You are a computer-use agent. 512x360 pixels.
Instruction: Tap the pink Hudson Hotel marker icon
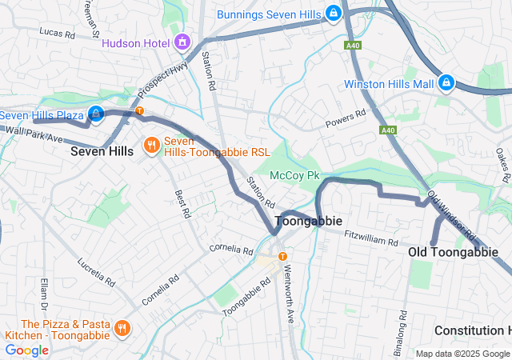(x=183, y=40)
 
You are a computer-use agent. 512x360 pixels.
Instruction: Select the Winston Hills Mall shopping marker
(x=446, y=83)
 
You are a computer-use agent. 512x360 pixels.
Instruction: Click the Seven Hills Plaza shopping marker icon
(x=96, y=115)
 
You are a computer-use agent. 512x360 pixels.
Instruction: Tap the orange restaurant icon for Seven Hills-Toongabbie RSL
(x=150, y=146)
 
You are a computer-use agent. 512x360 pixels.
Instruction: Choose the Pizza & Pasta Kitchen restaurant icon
(x=122, y=328)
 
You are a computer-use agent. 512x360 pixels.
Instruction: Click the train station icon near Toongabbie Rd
(x=282, y=256)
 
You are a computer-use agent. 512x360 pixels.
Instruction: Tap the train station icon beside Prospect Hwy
(x=139, y=110)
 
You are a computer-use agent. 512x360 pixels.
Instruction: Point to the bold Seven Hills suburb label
(x=102, y=151)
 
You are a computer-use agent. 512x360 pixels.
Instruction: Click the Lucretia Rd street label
(x=97, y=273)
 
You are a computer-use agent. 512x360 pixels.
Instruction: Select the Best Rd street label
(x=183, y=203)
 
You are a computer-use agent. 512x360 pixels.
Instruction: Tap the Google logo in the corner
(x=26, y=350)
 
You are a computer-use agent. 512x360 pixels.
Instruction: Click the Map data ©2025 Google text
(x=462, y=354)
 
